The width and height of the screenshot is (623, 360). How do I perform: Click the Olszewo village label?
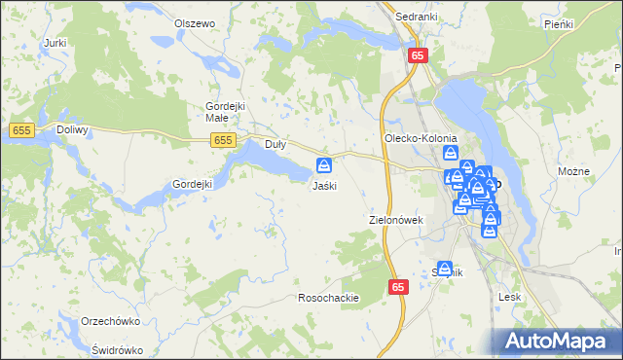tap(194, 22)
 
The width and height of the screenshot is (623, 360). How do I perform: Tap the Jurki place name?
tap(55, 44)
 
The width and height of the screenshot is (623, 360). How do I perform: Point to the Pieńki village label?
tap(559, 23)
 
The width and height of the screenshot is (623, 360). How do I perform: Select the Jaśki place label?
tap(324, 185)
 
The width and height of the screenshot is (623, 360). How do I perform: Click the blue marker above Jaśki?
tap(324, 165)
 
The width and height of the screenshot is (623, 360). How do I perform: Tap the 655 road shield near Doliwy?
tap(21, 129)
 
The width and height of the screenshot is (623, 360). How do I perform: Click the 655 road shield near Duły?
tap(224, 141)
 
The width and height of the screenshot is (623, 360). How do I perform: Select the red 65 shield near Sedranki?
tap(418, 56)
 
